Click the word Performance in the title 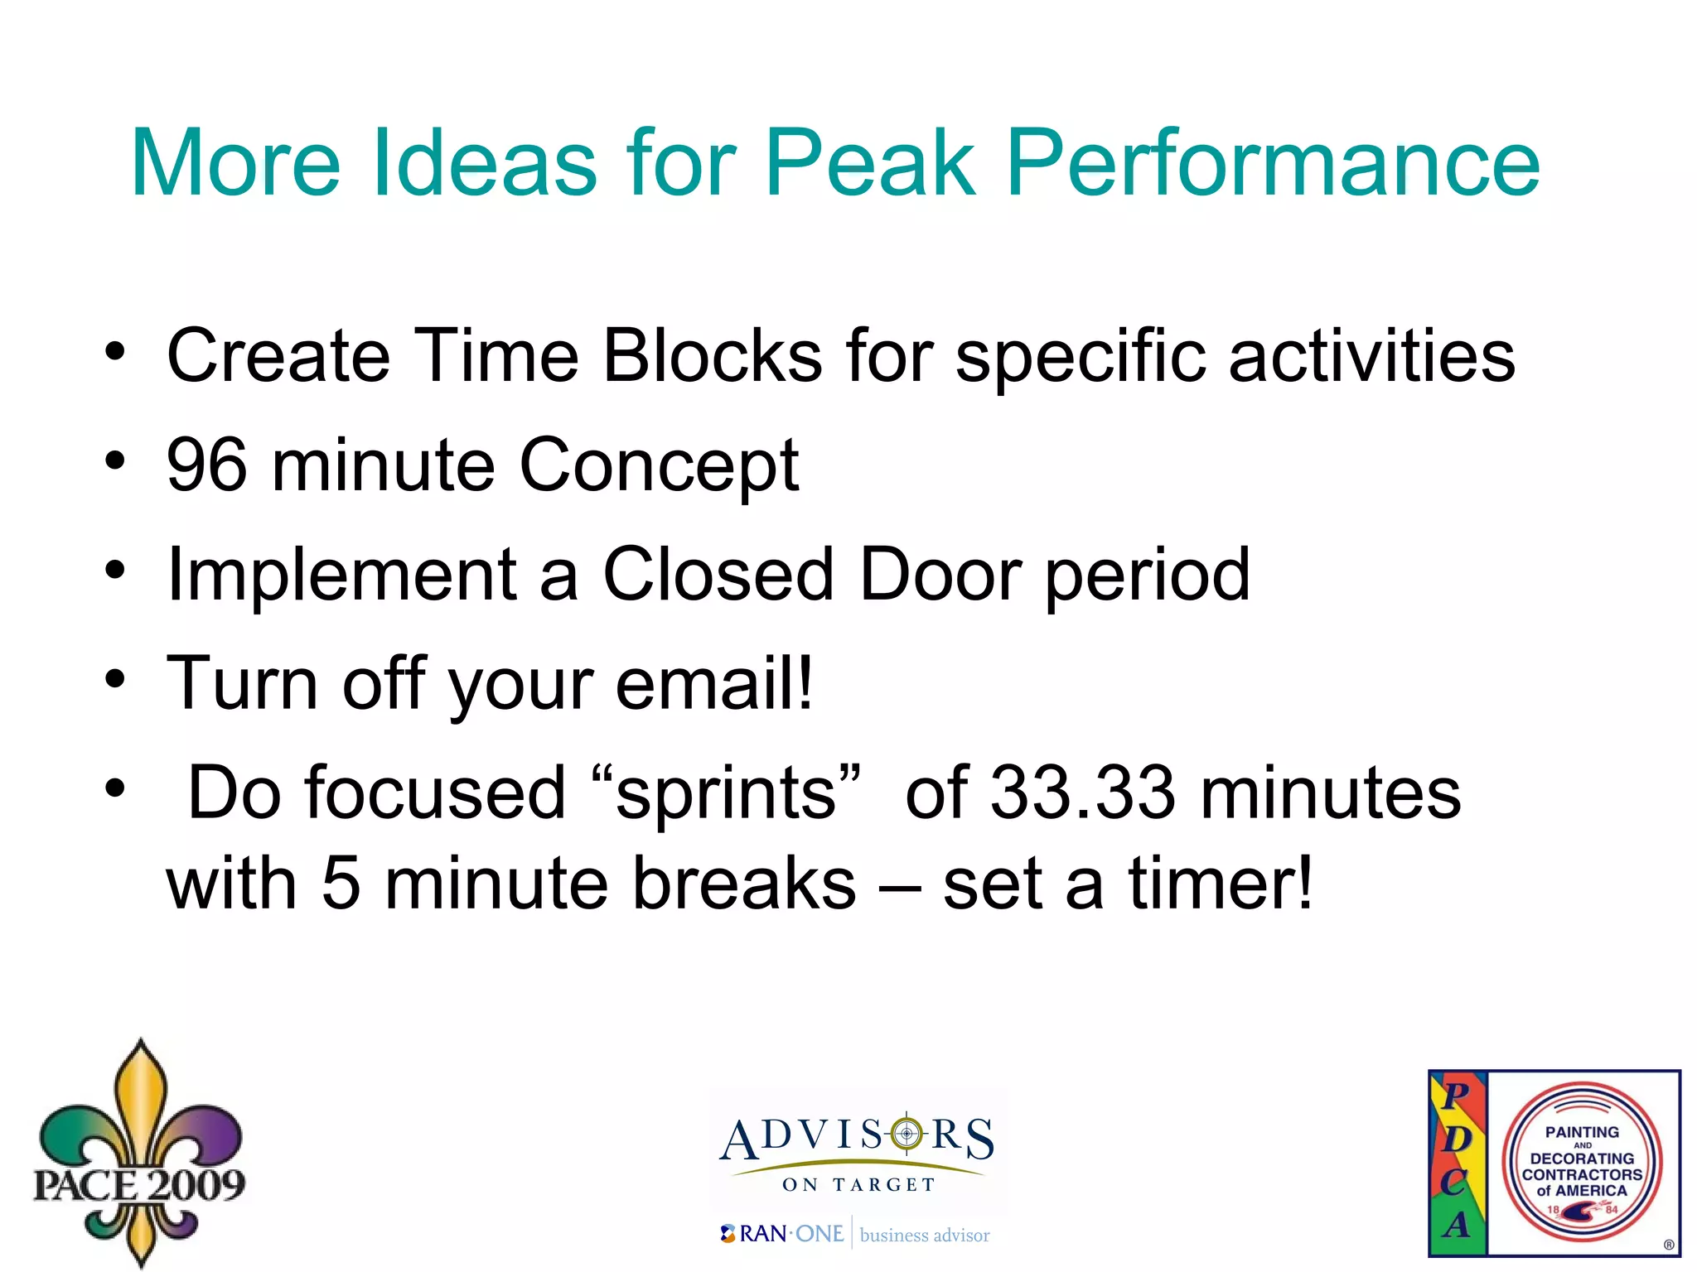click(x=1273, y=163)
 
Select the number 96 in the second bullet click(x=206, y=465)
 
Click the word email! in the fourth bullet click(x=714, y=684)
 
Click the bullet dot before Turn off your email click(x=115, y=679)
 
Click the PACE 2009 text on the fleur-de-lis click(x=139, y=1184)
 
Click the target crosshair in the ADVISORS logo click(x=907, y=1133)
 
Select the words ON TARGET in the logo click(x=858, y=1185)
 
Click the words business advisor click(x=925, y=1236)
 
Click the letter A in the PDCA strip click(x=1456, y=1224)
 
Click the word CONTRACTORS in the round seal click(x=1582, y=1174)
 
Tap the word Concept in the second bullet click(x=659, y=465)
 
